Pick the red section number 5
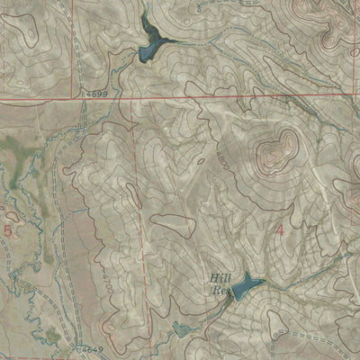(x=9, y=231)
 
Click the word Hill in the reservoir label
(x=220, y=279)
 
